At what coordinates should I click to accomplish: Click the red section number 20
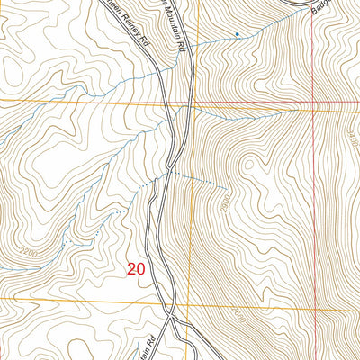[x=136, y=268]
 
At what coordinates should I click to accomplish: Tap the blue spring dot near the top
[x=237, y=35]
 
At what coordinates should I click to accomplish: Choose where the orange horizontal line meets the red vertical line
[x=313, y=307]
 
